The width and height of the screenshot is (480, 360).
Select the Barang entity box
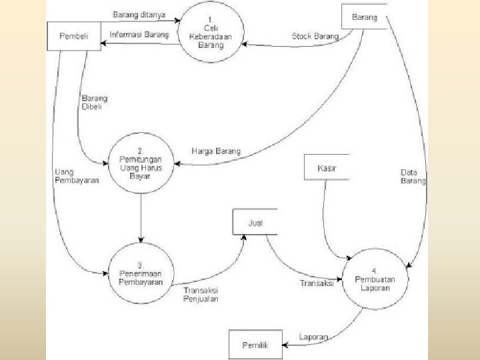(x=364, y=17)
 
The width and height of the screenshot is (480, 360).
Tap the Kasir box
(x=326, y=167)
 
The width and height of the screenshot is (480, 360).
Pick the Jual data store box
(x=254, y=222)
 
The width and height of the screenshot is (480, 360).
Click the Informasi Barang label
(x=139, y=33)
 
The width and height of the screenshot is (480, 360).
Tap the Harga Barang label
(x=215, y=151)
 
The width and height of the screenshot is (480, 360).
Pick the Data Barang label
(x=413, y=176)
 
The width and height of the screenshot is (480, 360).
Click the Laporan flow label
(x=313, y=337)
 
